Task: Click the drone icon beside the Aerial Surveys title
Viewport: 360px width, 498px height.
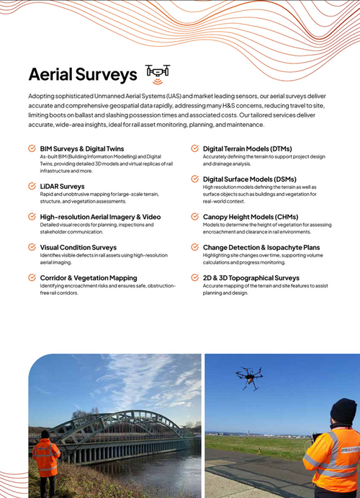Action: click(x=158, y=71)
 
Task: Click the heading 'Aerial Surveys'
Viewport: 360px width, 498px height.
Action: click(x=82, y=74)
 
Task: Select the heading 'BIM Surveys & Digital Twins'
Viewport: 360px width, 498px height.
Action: click(x=81, y=148)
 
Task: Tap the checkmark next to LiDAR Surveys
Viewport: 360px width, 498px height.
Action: click(x=32, y=186)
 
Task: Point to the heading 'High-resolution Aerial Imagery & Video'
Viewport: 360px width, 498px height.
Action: click(x=100, y=217)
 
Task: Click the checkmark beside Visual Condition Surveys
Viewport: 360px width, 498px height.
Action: click(x=32, y=247)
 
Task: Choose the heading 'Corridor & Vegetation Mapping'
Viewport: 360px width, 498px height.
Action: click(x=89, y=277)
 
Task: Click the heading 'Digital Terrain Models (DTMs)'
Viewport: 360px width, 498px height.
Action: click(x=247, y=148)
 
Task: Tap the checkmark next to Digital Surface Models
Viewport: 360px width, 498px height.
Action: click(x=195, y=179)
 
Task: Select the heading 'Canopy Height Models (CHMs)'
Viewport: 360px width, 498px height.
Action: click(x=251, y=217)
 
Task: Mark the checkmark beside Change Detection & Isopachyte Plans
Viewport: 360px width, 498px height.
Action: click(x=195, y=247)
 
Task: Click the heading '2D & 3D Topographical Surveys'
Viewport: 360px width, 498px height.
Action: click(x=251, y=277)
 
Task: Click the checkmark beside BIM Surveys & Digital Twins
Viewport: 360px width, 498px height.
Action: click(x=32, y=148)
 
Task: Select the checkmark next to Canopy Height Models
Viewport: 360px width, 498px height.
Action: click(x=195, y=217)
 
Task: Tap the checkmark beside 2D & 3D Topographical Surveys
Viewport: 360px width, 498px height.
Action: click(x=195, y=277)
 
